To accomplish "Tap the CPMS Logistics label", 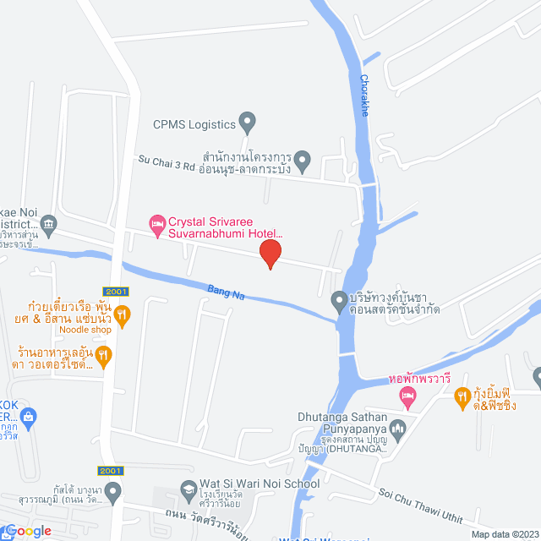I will [x=194, y=124].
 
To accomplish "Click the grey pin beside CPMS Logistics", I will [x=247, y=123].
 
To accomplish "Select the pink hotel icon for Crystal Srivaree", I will [x=156, y=223].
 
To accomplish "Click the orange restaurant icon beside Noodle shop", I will [x=123, y=316].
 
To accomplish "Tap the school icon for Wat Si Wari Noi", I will [x=189, y=489].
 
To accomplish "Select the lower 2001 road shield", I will [x=111, y=470].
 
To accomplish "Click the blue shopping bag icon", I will [x=30, y=416].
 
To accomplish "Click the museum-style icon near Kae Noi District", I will [x=47, y=223].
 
